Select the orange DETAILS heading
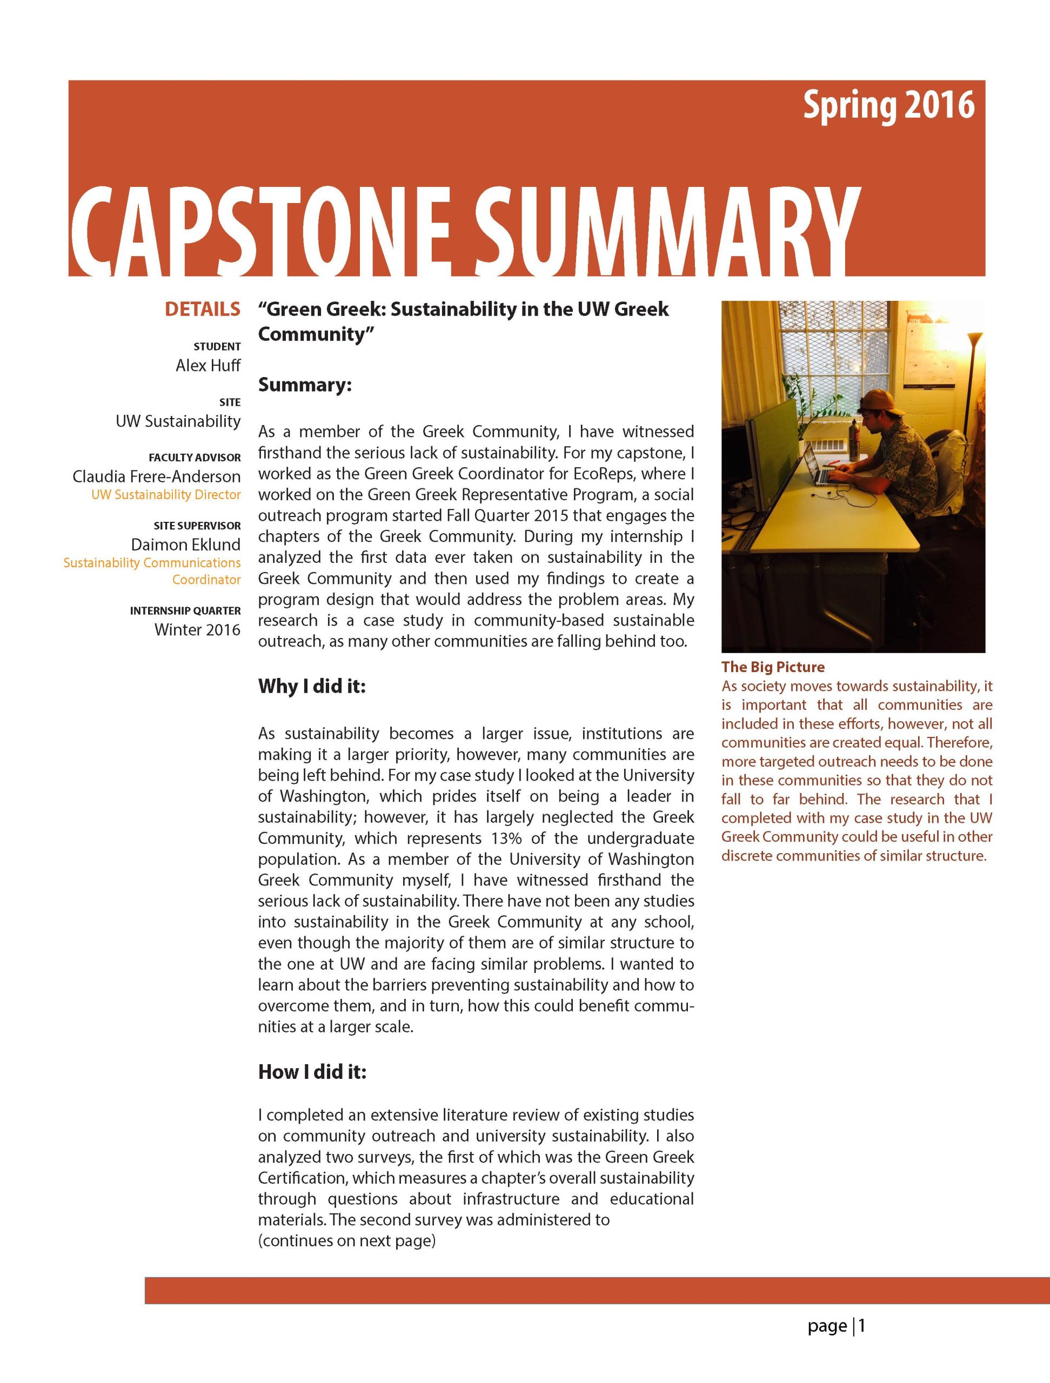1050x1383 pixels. (x=202, y=309)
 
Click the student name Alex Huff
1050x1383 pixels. (x=208, y=365)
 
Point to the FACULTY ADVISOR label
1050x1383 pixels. (x=195, y=457)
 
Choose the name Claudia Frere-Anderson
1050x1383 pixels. (x=156, y=476)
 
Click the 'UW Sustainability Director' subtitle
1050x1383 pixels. (x=166, y=494)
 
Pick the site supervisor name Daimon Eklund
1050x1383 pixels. (x=185, y=545)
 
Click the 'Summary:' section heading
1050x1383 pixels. (x=305, y=385)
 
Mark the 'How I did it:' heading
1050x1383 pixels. (x=312, y=1072)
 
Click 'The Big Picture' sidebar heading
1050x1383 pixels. (x=772, y=667)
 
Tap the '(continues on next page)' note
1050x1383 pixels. (x=346, y=1240)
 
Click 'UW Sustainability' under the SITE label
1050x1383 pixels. (x=178, y=421)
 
